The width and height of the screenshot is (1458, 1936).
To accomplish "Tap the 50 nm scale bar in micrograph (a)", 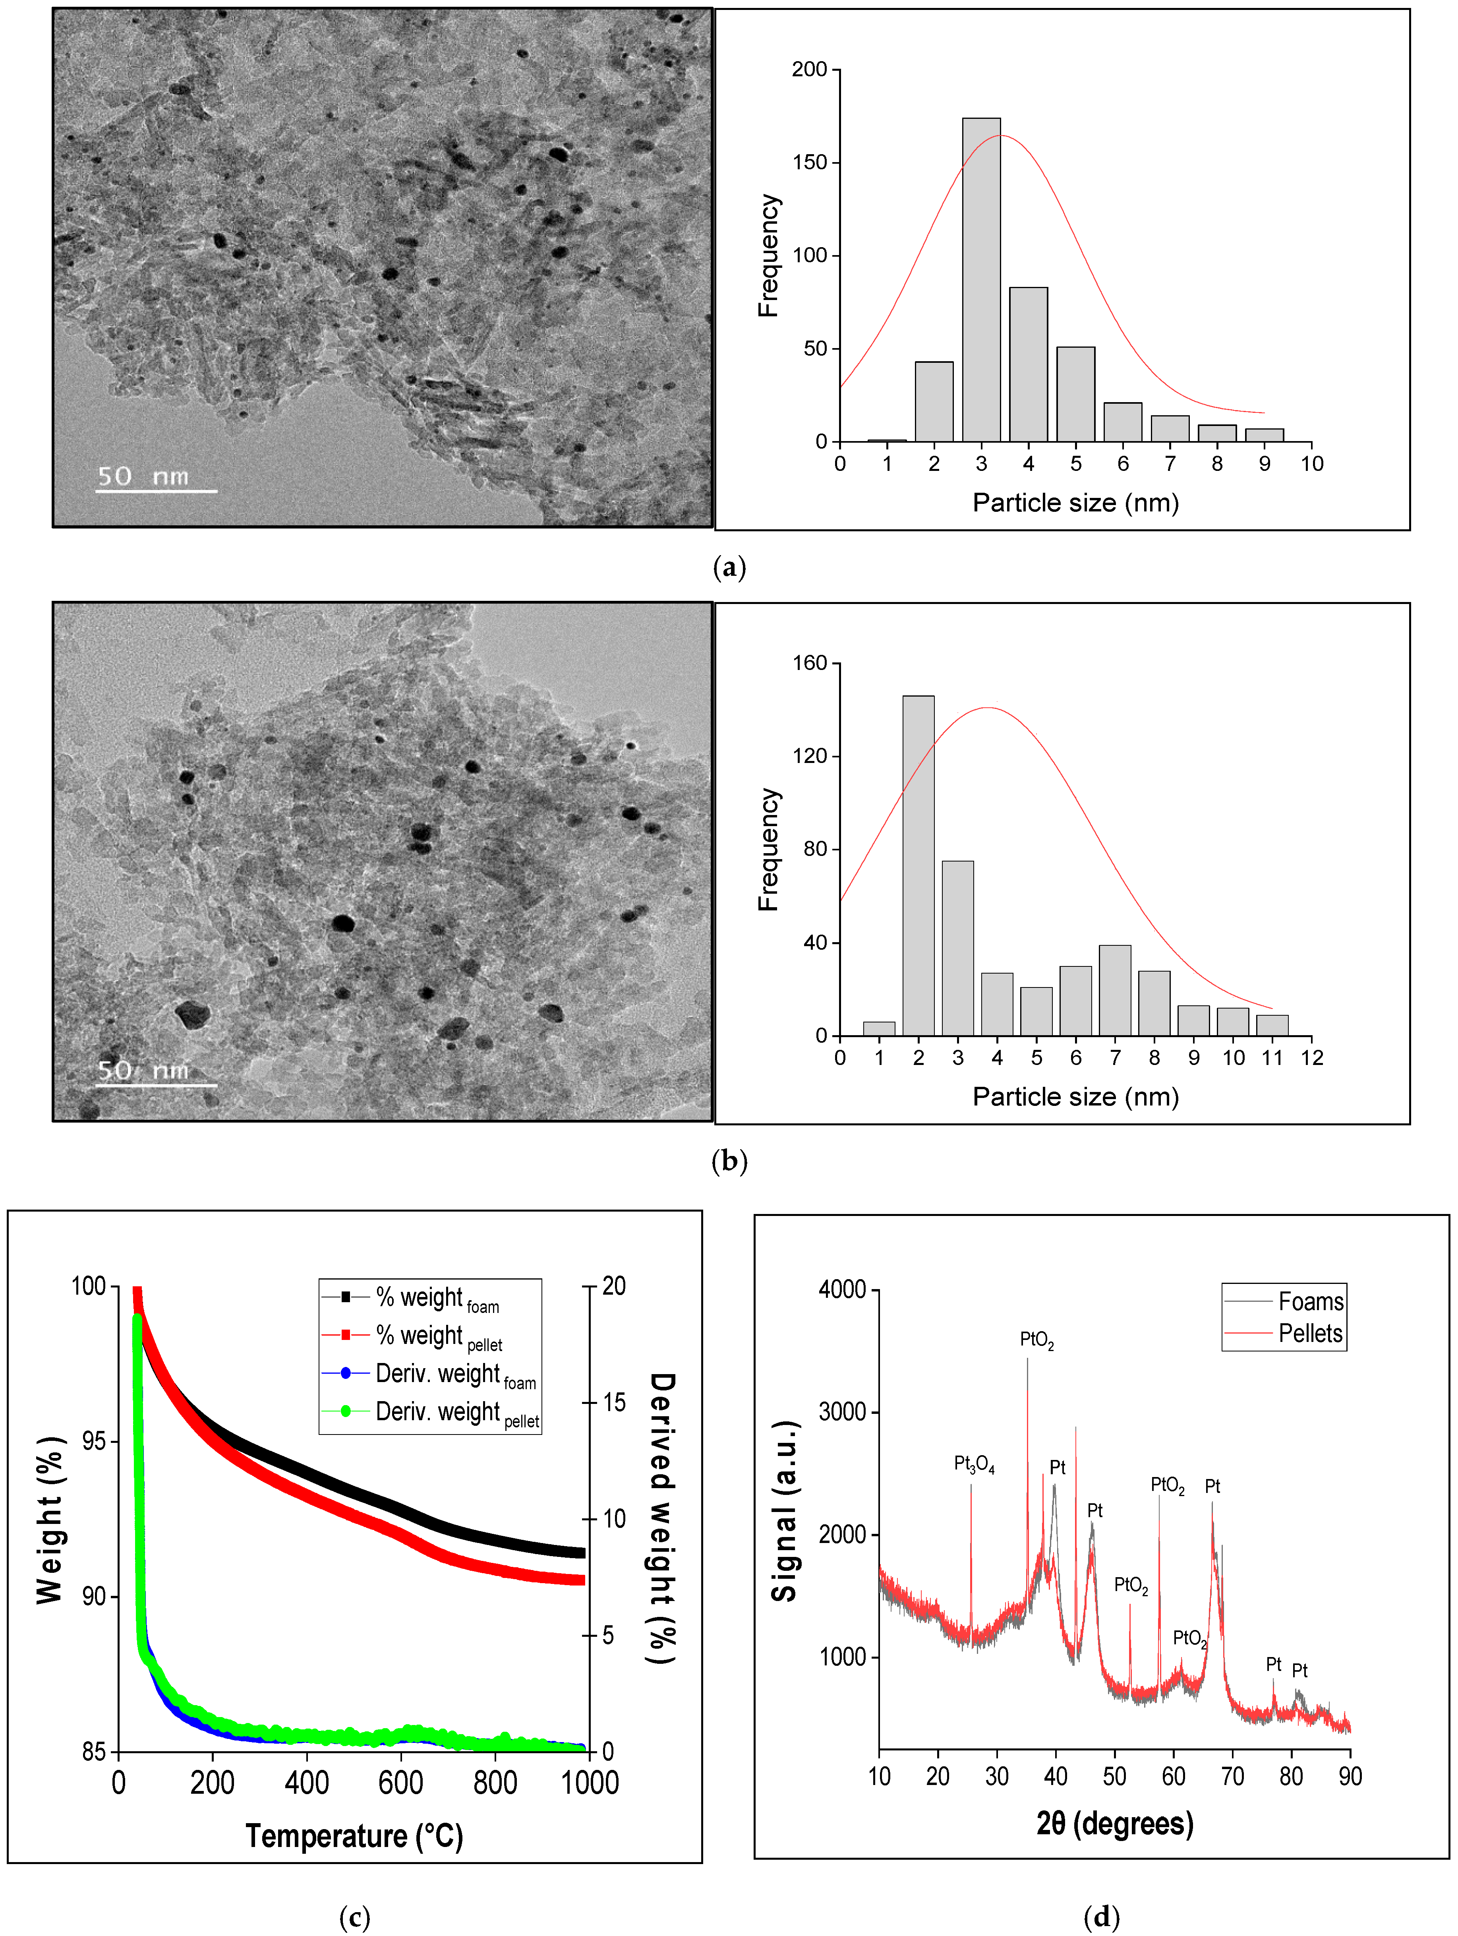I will click(156, 490).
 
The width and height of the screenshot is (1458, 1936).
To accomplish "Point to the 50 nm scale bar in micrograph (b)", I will click(156, 1084).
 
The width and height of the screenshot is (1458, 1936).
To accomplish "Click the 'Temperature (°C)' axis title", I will click(354, 1835).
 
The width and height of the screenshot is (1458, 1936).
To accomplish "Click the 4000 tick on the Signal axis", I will click(842, 1289).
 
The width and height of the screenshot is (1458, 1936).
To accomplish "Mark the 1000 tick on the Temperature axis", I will click(589, 1783).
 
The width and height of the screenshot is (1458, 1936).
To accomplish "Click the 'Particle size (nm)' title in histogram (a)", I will click(1075, 502).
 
